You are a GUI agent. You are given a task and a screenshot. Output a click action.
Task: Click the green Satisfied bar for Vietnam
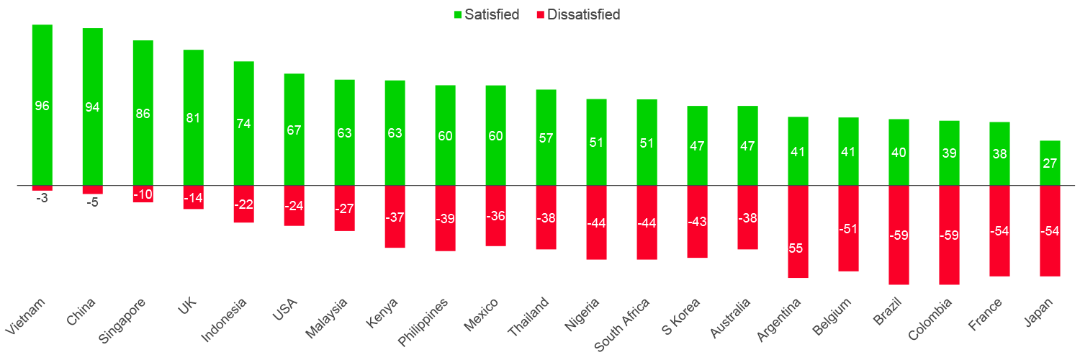coord(42,72)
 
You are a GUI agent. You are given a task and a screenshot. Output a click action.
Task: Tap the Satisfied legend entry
coord(485,14)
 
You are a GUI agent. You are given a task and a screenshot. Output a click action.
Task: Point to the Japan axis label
coord(1040,313)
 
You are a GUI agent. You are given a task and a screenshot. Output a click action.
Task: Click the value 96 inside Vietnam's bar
coord(42,106)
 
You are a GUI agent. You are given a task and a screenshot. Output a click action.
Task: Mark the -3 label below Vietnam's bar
coord(42,198)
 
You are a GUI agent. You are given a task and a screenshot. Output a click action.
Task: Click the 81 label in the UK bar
coord(193,118)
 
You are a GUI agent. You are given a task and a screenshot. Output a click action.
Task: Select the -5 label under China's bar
coord(92,203)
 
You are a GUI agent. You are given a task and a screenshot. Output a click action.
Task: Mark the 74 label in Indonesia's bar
coord(243,123)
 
